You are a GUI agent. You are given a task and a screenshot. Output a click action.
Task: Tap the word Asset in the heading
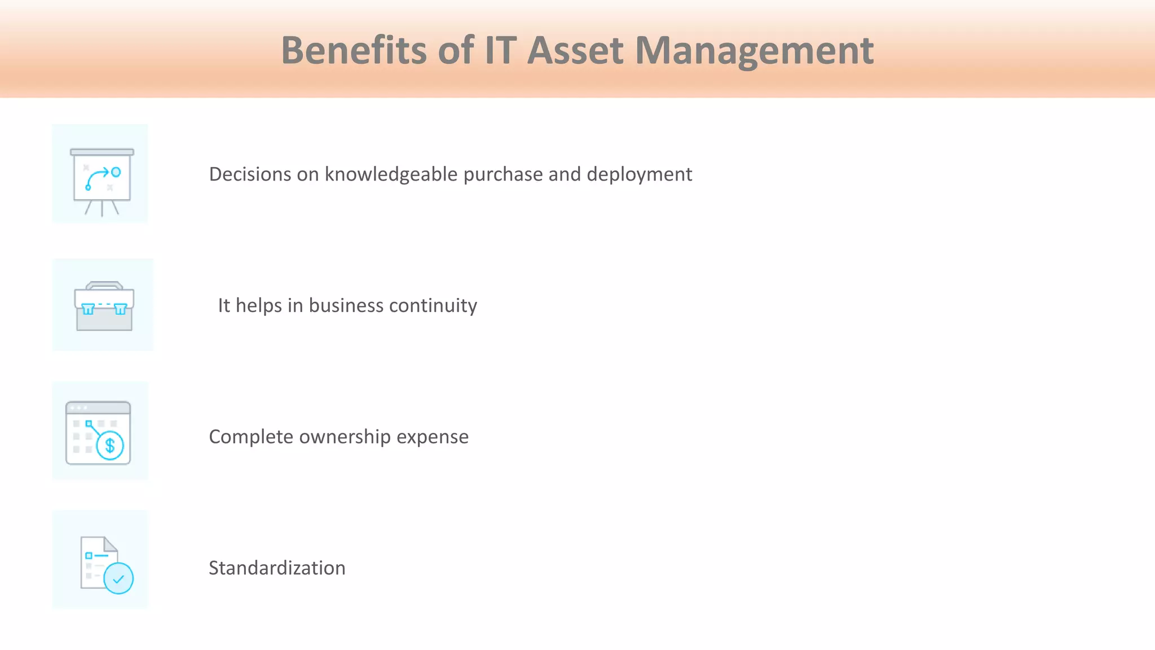click(x=575, y=51)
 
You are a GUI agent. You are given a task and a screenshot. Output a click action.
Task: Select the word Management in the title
click(x=754, y=51)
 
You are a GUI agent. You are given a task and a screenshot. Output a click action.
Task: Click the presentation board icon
click(x=102, y=175)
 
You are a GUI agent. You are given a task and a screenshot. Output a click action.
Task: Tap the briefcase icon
click(x=104, y=306)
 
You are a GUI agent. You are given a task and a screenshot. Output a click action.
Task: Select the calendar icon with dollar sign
click(x=98, y=433)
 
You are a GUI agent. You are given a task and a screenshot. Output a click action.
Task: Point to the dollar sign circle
click(x=110, y=446)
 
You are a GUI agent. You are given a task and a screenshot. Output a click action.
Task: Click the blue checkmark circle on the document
click(x=118, y=579)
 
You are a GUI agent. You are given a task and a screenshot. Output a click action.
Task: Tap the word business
click(x=346, y=305)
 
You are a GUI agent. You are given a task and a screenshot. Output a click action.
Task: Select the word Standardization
click(x=277, y=568)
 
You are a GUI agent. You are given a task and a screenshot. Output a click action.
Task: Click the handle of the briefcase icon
click(x=104, y=285)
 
